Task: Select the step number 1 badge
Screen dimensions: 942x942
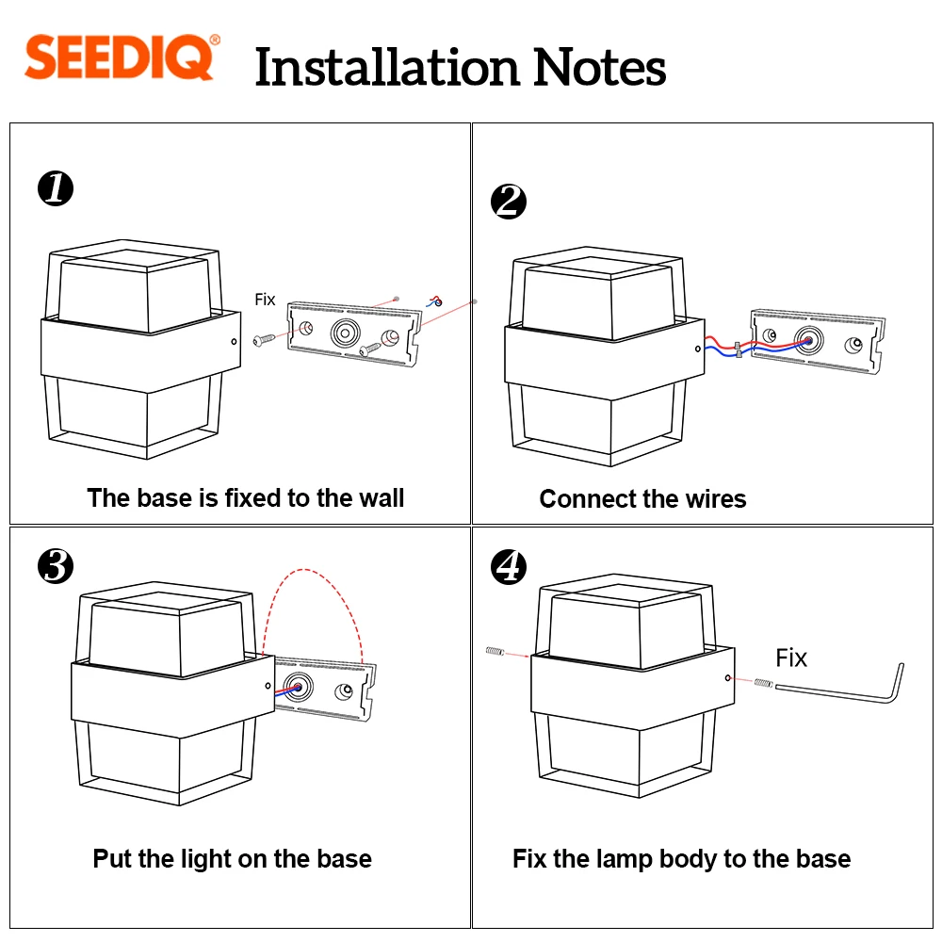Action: pyautogui.click(x=56, y=188)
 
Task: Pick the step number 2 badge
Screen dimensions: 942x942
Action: pyautogui.click(x=509, y=203)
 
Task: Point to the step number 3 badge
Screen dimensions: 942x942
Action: pyautogui.click(x=56, y=566)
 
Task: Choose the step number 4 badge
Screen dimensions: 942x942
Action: pyautogui.click(x=509, y=566)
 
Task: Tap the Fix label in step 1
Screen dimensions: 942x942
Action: pyautogui.click(x=266, y=300)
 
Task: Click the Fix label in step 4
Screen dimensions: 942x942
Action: pyautogui.click(x=791, y=658)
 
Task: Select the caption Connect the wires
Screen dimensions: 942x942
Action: pyautogui.click(x=642, y=498)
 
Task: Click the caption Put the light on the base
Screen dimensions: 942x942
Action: pyautogui.click(x=232, y=858)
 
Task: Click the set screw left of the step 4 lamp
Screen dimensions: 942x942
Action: pyautogui.click(x=496, y=651)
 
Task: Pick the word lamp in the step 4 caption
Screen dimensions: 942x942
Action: pyautogui.click(x=626, y=858)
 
